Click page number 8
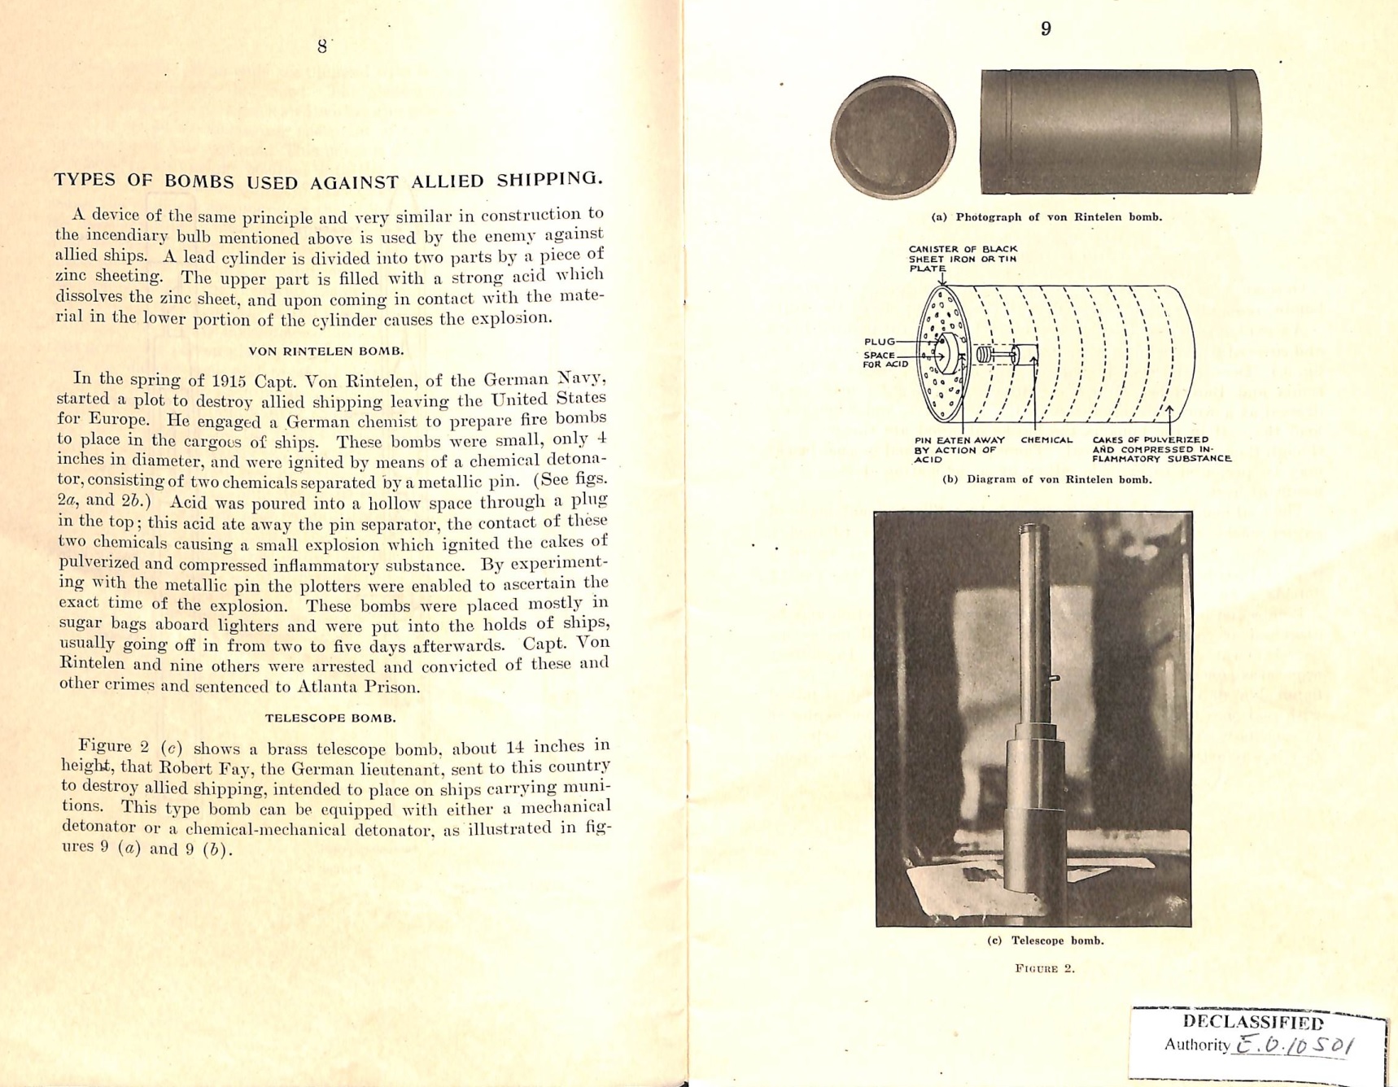point(322,46)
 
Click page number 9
point(1046,29)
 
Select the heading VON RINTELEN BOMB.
point(326,351)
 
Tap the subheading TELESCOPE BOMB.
point(330,718)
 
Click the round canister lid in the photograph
point(893,138)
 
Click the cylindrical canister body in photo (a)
point(1120,132)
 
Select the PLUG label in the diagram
point(879,342)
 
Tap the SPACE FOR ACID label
point(884,360)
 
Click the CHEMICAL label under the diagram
point(1046,440)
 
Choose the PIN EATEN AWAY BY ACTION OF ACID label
point(959,450)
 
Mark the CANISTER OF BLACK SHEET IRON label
point(962,259)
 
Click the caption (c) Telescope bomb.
point(1045,941)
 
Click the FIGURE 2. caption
point(1045,968)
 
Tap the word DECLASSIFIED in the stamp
point(1252,1022)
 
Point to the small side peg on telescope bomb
point(1055,678)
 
